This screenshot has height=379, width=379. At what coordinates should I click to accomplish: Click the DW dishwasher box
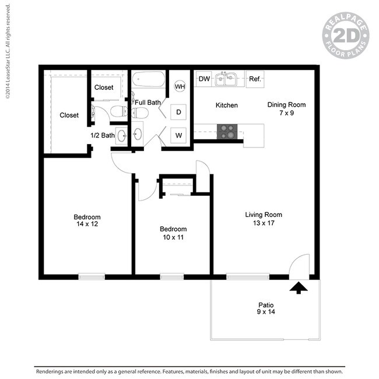(x=203, y=79)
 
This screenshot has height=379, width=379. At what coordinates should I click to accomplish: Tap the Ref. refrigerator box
(x=255, y=79)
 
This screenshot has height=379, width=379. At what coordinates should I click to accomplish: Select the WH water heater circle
(x=180, y=86)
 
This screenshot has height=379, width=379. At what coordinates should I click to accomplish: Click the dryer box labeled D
(x=178, y=112)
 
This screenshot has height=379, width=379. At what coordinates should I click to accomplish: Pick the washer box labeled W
(x=178, y=135)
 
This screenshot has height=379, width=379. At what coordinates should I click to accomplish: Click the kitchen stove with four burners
(x=227, y=132)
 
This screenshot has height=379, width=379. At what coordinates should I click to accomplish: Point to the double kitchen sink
(x=226, y=79)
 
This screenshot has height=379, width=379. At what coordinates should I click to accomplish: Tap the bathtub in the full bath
(x=149, y=79)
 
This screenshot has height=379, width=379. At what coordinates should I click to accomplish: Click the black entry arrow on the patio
(x=299, y=287)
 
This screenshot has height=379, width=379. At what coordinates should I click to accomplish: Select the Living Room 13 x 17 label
(x=264, y=219)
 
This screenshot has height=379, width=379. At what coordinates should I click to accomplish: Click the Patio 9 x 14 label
(x=266, y=308)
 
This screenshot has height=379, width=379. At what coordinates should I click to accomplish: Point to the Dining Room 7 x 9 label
(x=286, y=109)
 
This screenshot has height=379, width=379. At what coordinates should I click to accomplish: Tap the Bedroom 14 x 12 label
(x=87, y=220)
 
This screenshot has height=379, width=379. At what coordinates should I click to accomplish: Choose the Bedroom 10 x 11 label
(x=173, y=233)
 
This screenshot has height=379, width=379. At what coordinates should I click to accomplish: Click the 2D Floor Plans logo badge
(x=346, y=36)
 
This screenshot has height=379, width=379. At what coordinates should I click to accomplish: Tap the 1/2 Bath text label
(x=103, y=135)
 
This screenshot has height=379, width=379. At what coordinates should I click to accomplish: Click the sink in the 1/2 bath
(x=122, y=136)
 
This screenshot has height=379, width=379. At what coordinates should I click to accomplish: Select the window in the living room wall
(x=248, y=276)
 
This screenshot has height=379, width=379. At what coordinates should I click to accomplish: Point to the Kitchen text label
(x=226, y=105)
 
